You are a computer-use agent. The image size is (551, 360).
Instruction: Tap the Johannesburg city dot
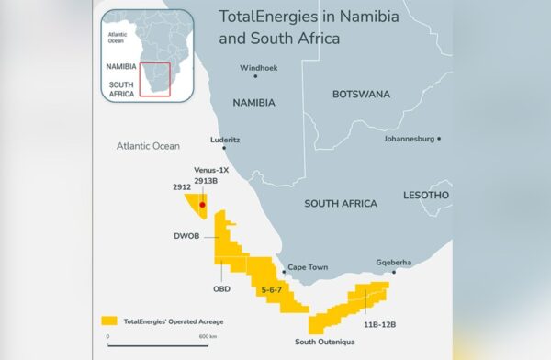[x=440, y=139]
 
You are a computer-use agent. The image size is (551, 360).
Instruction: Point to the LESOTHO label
[x=426, y=196]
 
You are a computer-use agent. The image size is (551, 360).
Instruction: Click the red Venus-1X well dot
[x=203, y=205]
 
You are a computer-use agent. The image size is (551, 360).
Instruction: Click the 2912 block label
[x=181, y=186]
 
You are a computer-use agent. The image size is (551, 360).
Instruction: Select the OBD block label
[x=221, y=289]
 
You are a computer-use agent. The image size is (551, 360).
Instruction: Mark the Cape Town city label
[x=308, y=267]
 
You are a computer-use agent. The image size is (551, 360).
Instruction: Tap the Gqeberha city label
[x=394, y=262]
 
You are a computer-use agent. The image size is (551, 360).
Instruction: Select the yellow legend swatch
[x=109, y=321]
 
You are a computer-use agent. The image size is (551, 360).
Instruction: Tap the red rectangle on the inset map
[x=155, y=79]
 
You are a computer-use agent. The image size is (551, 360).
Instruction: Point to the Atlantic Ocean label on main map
[x=149, y=146]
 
